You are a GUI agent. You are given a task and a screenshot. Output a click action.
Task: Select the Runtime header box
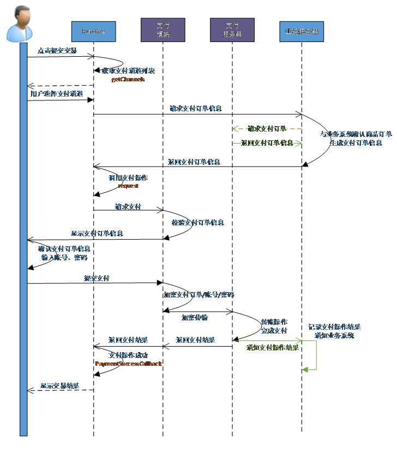coord(93,32)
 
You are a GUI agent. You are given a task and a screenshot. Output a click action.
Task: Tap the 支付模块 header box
coord(163,30)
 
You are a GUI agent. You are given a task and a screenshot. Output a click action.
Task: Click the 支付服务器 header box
coord(232,30)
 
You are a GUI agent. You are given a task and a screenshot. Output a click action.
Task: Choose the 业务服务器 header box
coord(301,32)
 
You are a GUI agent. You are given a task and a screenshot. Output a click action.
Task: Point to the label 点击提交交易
coord(57,51)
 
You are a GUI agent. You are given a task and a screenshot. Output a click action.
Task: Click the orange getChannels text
coord(128,80)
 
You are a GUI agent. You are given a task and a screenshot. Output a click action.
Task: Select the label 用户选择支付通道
coord(57,94)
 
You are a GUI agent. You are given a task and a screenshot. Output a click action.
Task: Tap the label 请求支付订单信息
coord(195,109)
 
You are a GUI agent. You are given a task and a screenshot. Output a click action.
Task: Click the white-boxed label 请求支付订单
coord(267,129)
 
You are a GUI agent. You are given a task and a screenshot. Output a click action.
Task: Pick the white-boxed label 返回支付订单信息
coord(267,143)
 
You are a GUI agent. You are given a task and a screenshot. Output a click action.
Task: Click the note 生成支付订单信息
coord(356,143)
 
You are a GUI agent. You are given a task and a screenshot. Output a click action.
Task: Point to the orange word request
coord(128,186)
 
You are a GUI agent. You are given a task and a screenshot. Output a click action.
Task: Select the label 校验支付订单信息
coord(197,223)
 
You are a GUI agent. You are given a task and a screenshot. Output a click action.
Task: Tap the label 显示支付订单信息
coord(97,234)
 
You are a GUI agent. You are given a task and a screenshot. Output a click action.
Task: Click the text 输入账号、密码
coord(64,258)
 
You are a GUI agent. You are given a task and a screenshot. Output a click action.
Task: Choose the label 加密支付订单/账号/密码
coord(198,295)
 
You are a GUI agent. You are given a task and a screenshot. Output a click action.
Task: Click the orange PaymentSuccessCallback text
coord(129,364)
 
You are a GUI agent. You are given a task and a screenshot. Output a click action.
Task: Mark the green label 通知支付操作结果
coord(273,348)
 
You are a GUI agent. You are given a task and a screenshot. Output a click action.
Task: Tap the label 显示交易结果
coord(59,386)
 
